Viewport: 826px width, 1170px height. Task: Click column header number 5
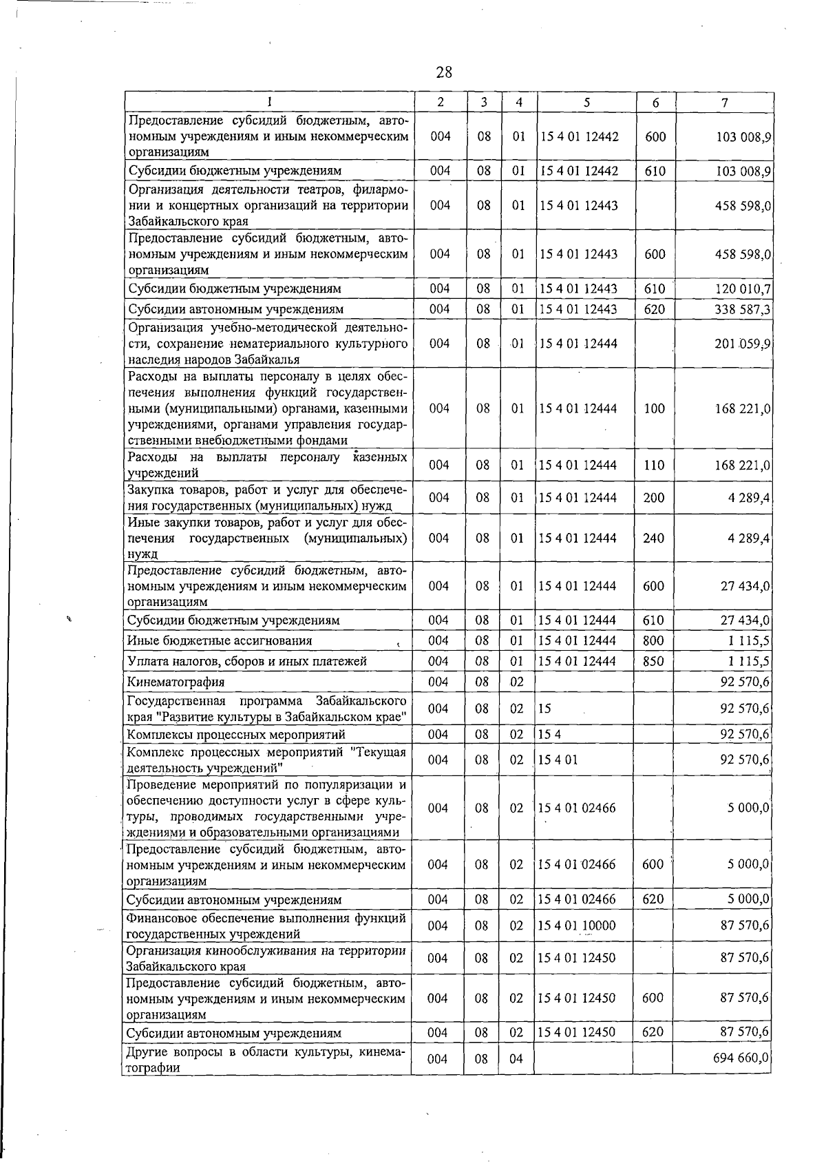coord(586,103)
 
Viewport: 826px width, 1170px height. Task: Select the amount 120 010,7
coord(743,289)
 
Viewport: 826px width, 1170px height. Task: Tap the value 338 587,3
coord(743,310)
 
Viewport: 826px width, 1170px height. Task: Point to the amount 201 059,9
coord(743,344)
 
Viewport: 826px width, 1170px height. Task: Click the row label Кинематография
coord(176,682)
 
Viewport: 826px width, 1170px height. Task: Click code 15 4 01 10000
coord(577,926)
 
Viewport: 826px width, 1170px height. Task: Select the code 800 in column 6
coord(653,641)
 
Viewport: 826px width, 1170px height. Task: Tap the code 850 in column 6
coord(653,662)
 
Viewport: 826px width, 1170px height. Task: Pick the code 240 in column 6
coord(653,539)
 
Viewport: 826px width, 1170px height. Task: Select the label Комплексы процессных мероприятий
coord(236,735)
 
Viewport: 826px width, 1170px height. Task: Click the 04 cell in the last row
coord(516,1058)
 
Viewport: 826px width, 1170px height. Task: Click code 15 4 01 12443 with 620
coord(579,310)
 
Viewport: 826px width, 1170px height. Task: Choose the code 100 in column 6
coord(654,409)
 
